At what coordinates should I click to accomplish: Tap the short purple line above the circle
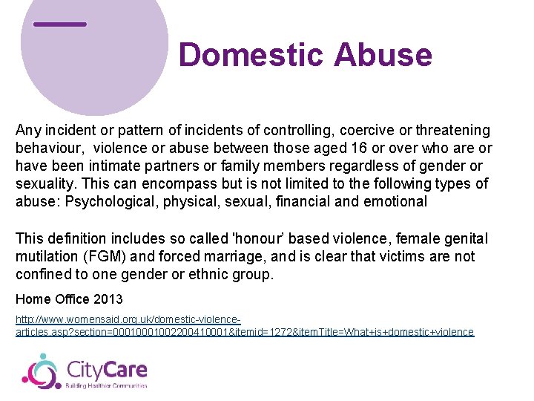point(60,25)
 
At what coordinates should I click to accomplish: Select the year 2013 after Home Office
point(109,299)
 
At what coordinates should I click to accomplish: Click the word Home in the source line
point(31,299)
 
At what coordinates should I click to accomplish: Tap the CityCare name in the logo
point(107,368)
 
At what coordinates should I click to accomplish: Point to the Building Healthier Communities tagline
point(107,385)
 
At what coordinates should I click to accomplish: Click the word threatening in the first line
point(452,131)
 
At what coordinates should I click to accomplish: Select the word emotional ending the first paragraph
point(396,201)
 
